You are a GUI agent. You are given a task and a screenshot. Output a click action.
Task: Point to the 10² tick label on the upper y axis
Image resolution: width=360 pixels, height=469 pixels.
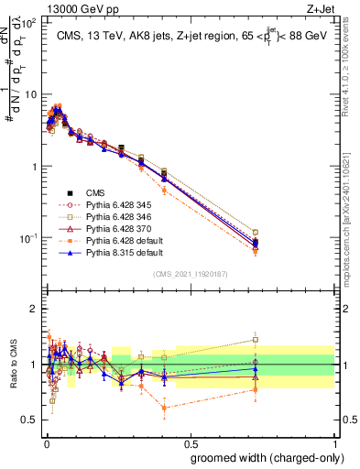coord(28,22)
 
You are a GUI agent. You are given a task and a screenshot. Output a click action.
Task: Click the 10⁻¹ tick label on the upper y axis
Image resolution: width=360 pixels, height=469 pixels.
coord(28,238)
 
